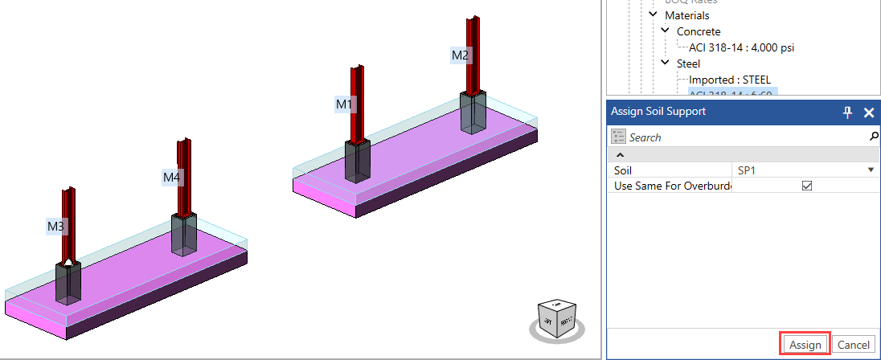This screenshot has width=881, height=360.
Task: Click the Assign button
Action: click(x=805, y=345)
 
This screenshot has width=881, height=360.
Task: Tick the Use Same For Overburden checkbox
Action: click(x=807, y=186)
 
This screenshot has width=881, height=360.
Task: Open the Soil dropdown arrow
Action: click(x=871, y=170)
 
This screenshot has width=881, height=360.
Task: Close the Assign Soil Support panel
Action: click(x=868, y=112)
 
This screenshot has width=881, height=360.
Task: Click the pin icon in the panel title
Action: click(x=847, y=112)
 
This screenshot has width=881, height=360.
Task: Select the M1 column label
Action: click(x=344, y=104)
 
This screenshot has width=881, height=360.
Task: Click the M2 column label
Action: click(x=460, y=55)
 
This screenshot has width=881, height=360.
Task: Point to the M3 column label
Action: click(x=55, y=227)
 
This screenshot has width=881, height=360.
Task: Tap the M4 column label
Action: click(x=172, y=177)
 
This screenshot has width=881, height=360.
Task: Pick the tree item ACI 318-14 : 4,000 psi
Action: click(x=741, y=47)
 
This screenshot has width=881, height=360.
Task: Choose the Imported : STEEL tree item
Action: click(x=729, y=80)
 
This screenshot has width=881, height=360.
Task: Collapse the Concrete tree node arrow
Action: click(x=666, y=31)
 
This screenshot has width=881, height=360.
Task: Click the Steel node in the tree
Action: click(x=688, y=63)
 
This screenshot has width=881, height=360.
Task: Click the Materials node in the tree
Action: click(x=686, y=15)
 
